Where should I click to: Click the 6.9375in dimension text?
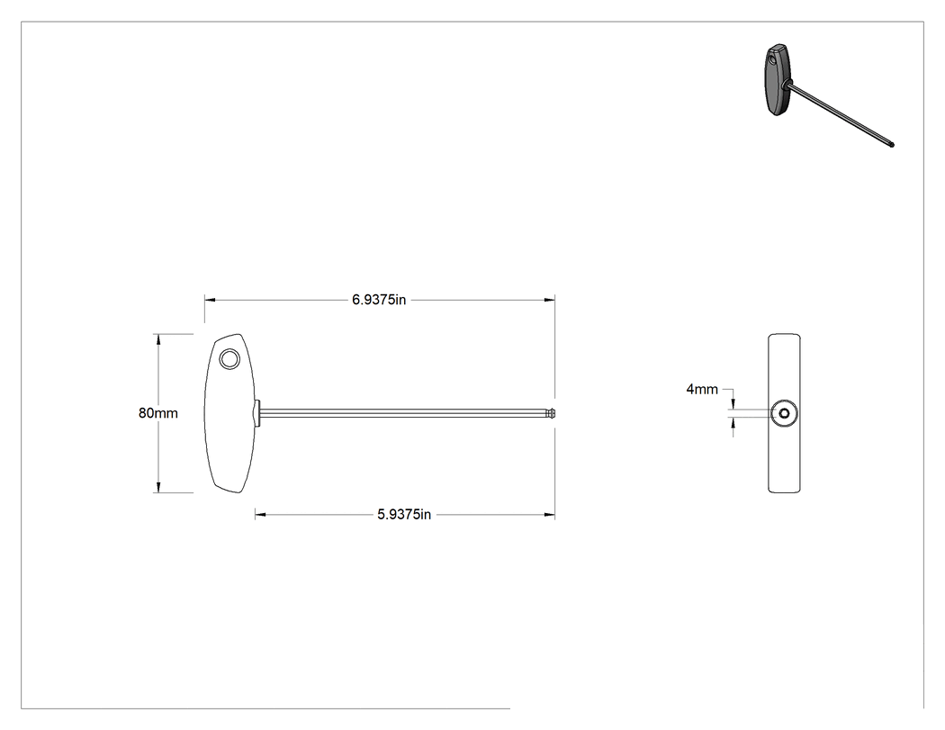point(379,300)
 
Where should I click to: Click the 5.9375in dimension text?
point(404,514)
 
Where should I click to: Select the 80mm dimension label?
point(157,413)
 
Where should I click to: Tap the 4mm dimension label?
point(702,390)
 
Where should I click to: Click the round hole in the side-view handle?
point(229,359)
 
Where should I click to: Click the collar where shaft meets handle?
point(257,413)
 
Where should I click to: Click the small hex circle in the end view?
point(784,413)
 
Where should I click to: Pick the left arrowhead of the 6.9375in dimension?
point(210,300)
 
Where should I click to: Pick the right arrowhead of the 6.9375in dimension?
point(550,300)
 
